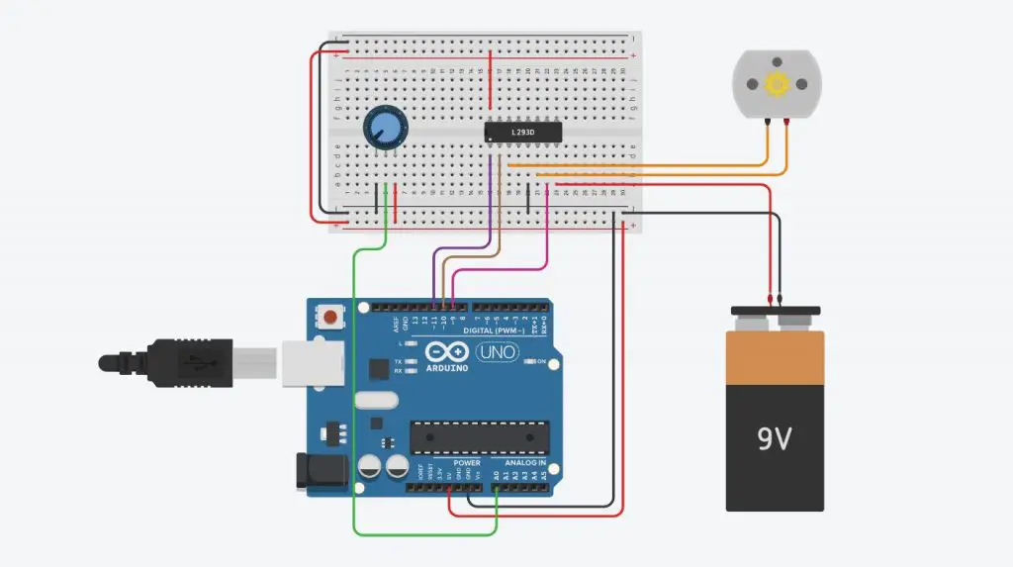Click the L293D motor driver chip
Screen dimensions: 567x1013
(x=523, y=132)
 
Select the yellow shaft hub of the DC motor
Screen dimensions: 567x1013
(x=777, y=86)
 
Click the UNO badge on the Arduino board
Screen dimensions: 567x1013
(x=498, y=352)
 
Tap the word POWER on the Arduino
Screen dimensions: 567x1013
(x=467, y=463)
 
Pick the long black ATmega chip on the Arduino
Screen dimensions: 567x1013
(x=480, y=436)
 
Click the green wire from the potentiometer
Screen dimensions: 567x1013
(x=354, y=396)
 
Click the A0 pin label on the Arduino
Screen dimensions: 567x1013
(x=495, y=475)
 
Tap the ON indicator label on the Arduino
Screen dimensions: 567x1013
(x=542, y=362)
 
